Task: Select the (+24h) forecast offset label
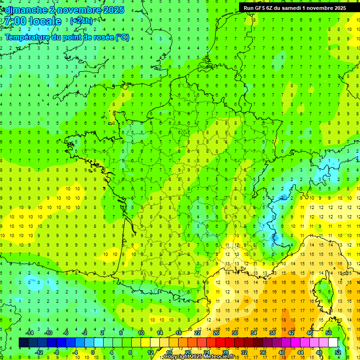coord(81,21)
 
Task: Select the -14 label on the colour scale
coord(29,333)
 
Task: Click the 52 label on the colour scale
coord(338,352)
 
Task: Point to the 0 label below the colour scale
coord(93,352)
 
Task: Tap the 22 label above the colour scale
coord(197,333)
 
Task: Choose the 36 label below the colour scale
coord(263,352)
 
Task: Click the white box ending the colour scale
coord(333,343)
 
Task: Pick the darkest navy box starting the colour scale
coord(23,343)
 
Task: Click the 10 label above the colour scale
coord(141,333)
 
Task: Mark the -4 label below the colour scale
coord(74,352)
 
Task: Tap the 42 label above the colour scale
coord(291,333)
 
